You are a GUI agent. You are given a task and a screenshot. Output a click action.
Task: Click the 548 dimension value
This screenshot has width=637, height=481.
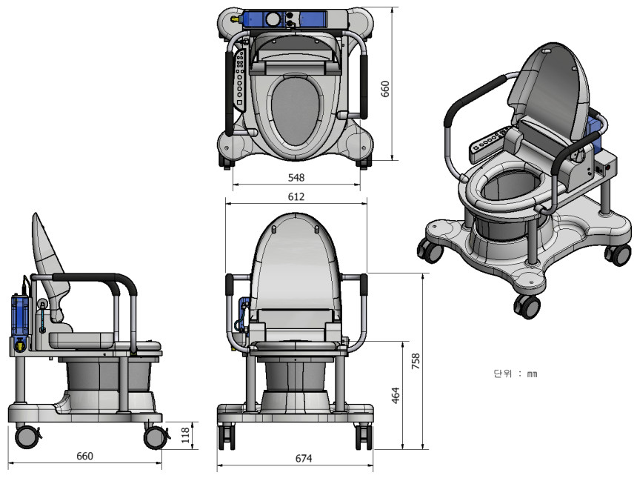point(296,177)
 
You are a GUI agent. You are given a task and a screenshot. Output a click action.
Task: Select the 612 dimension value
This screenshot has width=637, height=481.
point(296,197)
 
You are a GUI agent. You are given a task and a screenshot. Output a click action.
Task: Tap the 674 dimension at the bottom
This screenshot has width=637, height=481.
point(304,459)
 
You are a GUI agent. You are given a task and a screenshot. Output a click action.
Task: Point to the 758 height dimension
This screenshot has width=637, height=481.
point(416,361)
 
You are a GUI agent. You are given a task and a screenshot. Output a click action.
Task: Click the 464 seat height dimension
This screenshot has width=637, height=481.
point(396,395)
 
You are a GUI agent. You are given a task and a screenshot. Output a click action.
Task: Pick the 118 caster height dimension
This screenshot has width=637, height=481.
point(185,435)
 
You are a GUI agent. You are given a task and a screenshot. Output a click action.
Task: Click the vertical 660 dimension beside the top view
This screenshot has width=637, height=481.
point(384,89)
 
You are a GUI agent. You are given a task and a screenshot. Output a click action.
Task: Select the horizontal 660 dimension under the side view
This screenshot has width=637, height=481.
point(85,457)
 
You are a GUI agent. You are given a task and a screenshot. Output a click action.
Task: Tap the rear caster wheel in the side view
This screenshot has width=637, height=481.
point(27,437)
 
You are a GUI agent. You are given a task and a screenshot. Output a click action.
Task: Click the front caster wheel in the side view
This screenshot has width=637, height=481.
point(155,437)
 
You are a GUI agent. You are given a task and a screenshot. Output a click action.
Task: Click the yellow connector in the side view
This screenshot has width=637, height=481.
point(19,345)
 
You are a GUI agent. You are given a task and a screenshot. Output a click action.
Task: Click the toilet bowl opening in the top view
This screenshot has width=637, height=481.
point(295,111)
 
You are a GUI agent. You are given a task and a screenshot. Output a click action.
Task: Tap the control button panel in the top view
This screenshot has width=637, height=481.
point(240,80)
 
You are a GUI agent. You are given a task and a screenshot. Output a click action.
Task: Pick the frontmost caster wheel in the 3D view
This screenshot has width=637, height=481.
point(527,306)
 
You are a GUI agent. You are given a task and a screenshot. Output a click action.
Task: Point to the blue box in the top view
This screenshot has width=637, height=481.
point(284,19)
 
